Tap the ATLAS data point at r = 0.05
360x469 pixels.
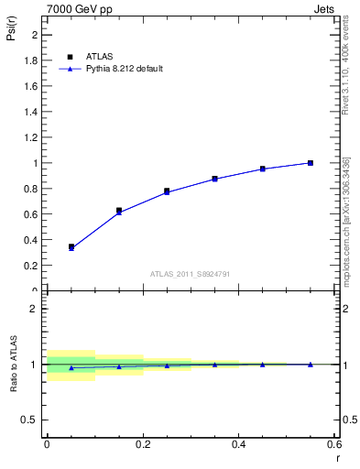click(x=71, y=246)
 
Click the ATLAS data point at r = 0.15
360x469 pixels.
click(x=119, y=211)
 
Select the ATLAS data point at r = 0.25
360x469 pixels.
click(x=167, y=191)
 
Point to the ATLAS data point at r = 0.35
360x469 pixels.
click(x=214, y=179)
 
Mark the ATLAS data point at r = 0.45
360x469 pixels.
click(x=262, y=169)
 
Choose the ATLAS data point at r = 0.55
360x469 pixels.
click(x=311, y=163)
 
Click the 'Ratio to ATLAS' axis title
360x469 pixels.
click(x=14, y=364)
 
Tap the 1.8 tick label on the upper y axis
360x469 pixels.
click(x=31, y=60)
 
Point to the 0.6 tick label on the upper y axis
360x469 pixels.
click(x=31, y=214)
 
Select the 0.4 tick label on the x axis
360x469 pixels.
click(x=238, y=444)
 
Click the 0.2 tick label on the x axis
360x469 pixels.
click(x=143, y=444)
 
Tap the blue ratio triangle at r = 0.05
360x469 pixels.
click(x=71, y=368)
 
